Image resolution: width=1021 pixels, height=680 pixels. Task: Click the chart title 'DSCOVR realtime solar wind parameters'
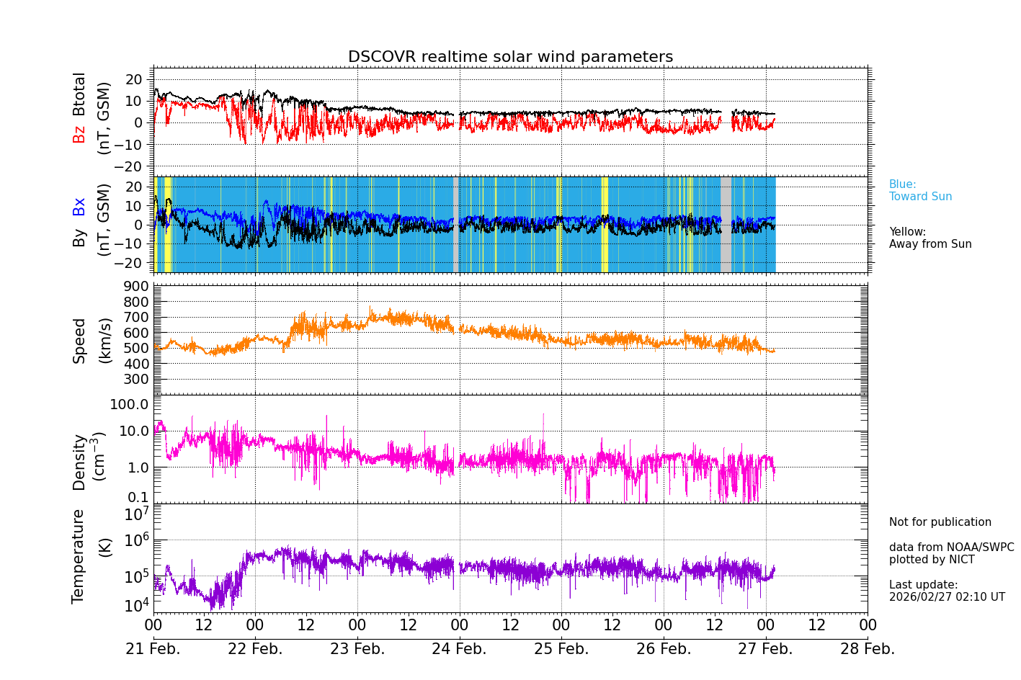pos(510,57)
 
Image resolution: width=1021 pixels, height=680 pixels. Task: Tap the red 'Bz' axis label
pos(79,134)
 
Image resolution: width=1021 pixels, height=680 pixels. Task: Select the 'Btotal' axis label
pos(79,94)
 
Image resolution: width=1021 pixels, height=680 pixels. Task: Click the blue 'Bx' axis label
pos(79,207)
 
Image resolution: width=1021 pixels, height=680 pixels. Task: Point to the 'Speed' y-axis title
pos(79,340)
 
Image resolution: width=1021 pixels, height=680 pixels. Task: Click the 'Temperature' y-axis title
pos(79,555)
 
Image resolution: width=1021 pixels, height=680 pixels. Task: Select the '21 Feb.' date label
pos(153,649)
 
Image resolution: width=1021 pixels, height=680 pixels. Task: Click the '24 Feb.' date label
pos(459,649)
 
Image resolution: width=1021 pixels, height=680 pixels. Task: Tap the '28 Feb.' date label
pos(868,649)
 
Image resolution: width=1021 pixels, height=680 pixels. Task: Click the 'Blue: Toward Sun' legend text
pos(920,191)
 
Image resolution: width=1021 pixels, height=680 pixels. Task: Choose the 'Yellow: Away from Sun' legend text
pos(929,238)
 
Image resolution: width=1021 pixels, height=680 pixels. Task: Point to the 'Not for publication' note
pos(940,522)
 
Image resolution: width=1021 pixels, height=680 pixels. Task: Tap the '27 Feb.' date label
pos(765,649)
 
